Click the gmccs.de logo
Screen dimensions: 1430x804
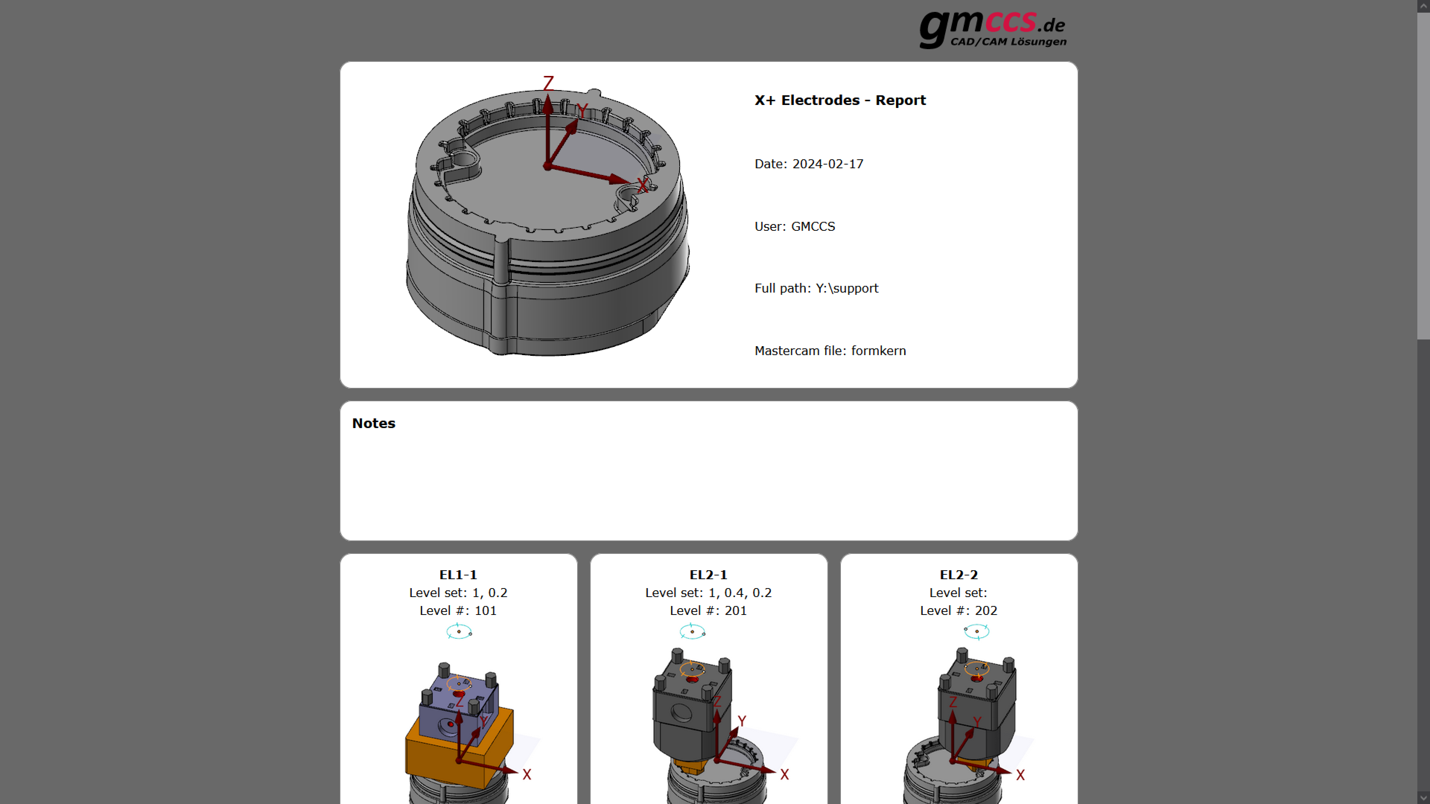point(992,29)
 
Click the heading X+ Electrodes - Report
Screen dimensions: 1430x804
point(840,100)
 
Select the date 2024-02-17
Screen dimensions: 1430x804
point(828,164)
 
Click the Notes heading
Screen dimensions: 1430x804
point(374,423)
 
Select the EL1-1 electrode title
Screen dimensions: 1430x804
point(458,575)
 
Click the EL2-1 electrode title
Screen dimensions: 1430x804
point(708,575)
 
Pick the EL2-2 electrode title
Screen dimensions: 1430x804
point(959,575)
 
